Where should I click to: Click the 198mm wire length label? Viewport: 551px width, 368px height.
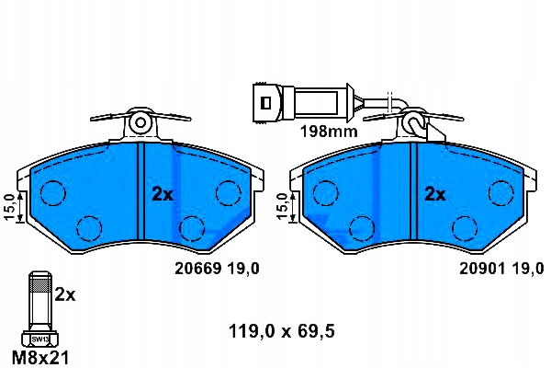pyautogui.click(x=329, y=132)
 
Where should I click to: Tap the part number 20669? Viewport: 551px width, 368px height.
pyautogui.click(x=198, y=269)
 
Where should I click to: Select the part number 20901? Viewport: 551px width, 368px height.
pyautogui.click(x=483, y=269)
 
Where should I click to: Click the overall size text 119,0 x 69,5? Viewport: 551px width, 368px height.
pyautogui.click(x=282, y=331)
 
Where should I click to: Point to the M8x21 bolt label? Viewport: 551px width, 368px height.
pyautogui.click(x=40, y=358)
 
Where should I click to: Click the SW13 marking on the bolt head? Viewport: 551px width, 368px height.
pyautogui.click(x=40, y=339)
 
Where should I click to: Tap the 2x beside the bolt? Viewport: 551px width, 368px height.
pyautogui.click(x=65, y=294)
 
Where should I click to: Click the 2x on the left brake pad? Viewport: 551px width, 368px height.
pyautogui.click(x=163, y=194)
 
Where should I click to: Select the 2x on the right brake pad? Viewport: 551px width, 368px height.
pyautogui.click(x=435, y=194)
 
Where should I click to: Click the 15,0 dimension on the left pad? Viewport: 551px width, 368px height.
pyautogui.click(x=9, y=207)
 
